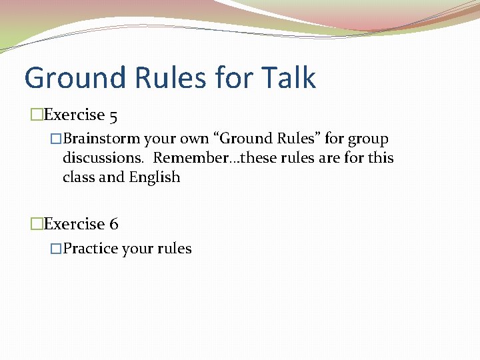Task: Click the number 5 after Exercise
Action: (113, 115)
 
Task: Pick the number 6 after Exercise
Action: (113, 225)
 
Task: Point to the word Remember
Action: (183, 159)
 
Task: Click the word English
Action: (155, 178)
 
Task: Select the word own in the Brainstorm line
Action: (194, 139)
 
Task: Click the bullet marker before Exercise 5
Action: (37, 115)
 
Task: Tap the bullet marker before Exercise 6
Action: (37, 225)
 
